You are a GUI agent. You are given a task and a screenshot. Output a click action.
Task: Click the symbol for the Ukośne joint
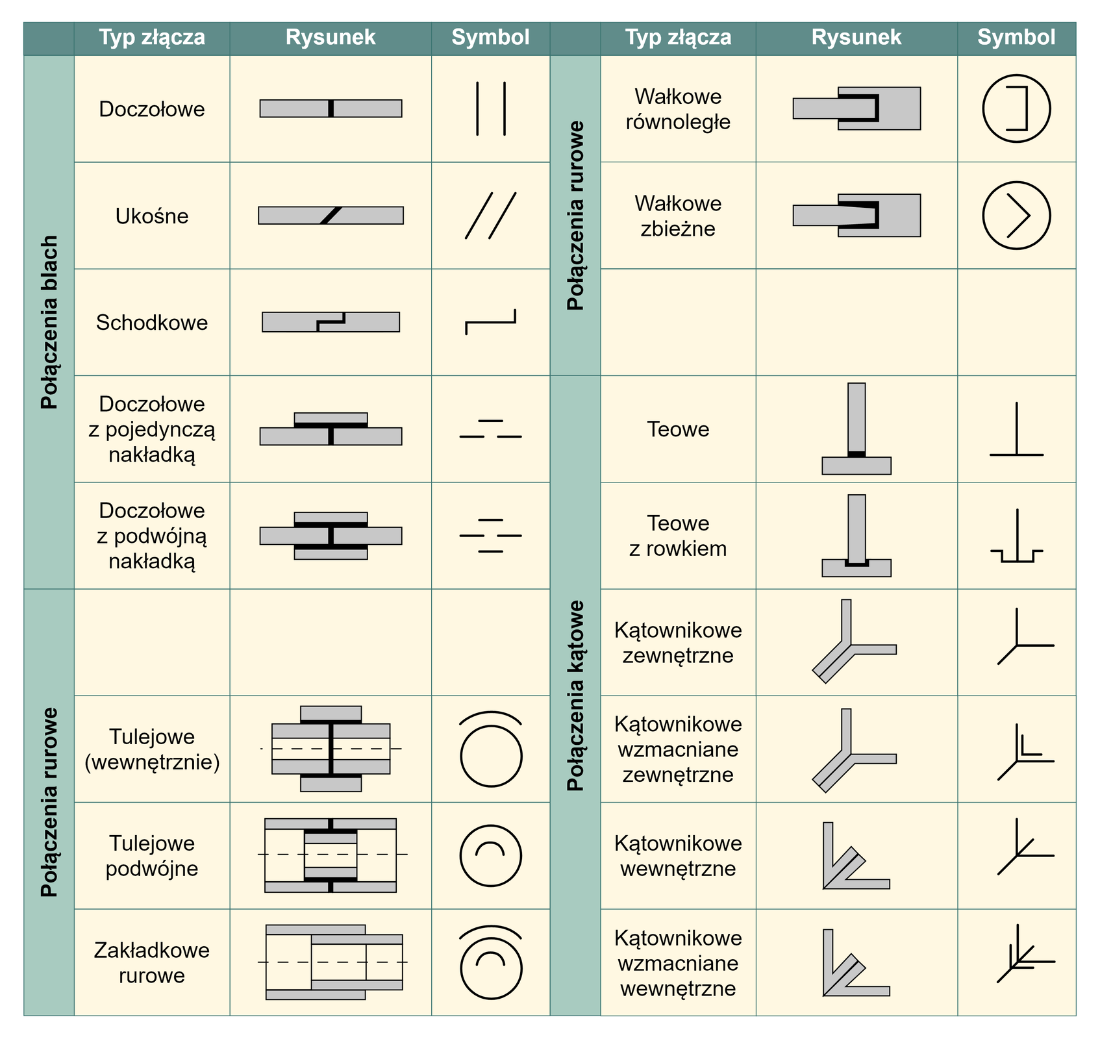point(490,216)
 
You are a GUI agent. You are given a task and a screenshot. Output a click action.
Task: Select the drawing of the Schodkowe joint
point(331,322)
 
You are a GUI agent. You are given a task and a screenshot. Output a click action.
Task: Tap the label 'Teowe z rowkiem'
point(678,536)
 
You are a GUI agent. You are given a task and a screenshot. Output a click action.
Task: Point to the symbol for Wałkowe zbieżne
point(1016,215)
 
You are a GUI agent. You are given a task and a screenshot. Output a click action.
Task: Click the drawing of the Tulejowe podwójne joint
point(331,855)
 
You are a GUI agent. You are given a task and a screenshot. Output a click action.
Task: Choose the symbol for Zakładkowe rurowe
point(491,962)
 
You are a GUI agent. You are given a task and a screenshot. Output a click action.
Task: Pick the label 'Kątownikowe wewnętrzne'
point(678,855)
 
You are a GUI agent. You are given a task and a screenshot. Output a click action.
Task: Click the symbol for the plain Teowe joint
point(1016,430)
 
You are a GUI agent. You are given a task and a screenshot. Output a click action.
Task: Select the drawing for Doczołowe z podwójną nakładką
point(331,536)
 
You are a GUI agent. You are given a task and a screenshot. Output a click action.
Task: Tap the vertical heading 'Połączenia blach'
point(49,322)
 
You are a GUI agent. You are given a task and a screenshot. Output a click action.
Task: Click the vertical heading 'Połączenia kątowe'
point(575,695)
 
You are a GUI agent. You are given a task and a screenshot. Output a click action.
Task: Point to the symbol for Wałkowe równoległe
point(1016,108)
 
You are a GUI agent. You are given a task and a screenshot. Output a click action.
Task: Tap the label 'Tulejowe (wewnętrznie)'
point(152,749)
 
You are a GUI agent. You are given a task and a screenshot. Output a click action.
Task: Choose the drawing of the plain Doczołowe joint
point(331,108)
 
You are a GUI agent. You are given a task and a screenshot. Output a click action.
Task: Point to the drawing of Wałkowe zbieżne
point(856,215)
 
